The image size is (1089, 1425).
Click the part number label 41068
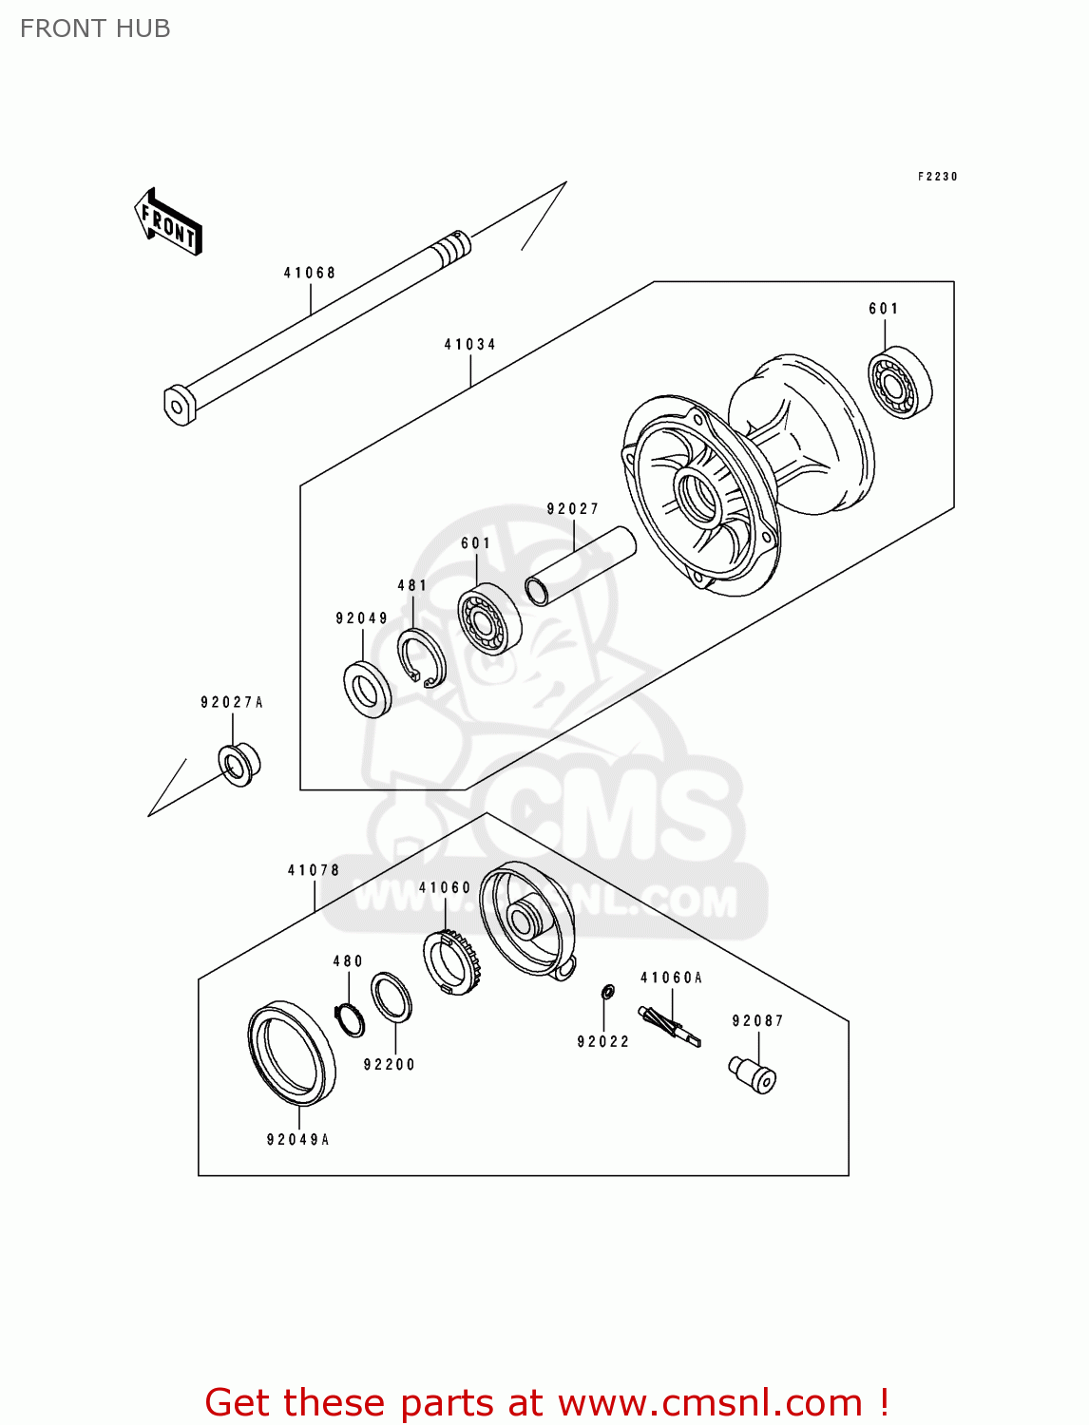click(310, 273)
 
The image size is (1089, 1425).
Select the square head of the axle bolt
click(179, 405)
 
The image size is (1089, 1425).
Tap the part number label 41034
click(470, 344)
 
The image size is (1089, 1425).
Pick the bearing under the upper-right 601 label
click(899, 384)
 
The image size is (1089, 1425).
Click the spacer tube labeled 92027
click(580, 566)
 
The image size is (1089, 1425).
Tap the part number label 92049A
click(298, 1139)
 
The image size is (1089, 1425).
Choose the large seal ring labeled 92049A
click(292, 1054)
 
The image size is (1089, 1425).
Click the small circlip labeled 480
click(350, 1020)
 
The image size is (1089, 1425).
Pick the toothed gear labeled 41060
click(451, 961)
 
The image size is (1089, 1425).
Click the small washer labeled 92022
click(608, 993)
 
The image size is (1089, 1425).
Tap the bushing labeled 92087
click(754, 1074)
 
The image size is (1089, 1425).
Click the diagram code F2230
click(938, 177)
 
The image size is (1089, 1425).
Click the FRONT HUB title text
click(95, 28)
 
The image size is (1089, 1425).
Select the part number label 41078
click(314, 870)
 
